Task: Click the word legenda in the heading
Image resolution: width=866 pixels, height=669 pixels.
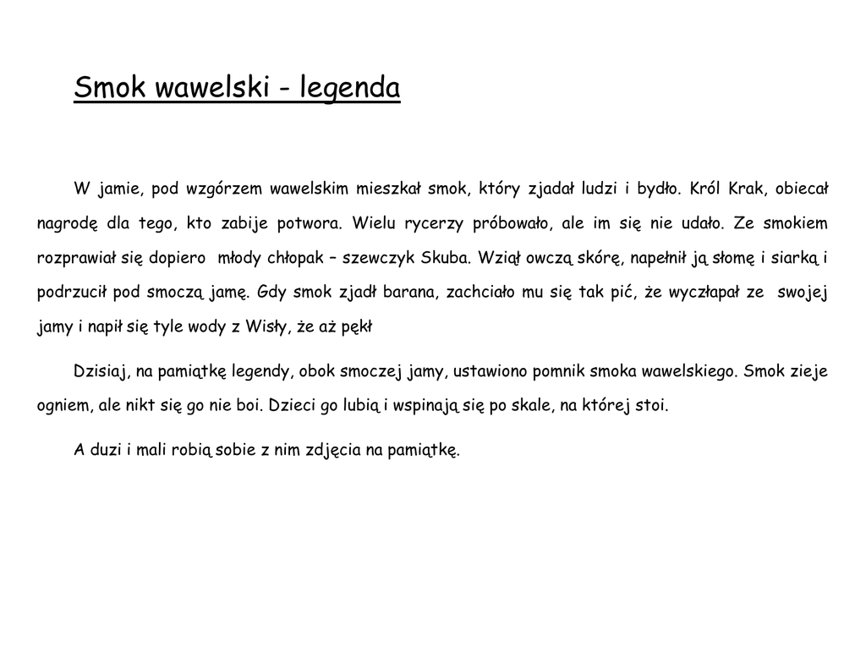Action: [x=350, y=87]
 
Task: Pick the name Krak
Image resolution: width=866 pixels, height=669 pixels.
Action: [x=747, y=189]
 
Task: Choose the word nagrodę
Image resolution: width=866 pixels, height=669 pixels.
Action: [x=68, y=224]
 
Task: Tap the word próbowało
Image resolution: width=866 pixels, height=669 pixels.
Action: [x=513, y=224]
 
